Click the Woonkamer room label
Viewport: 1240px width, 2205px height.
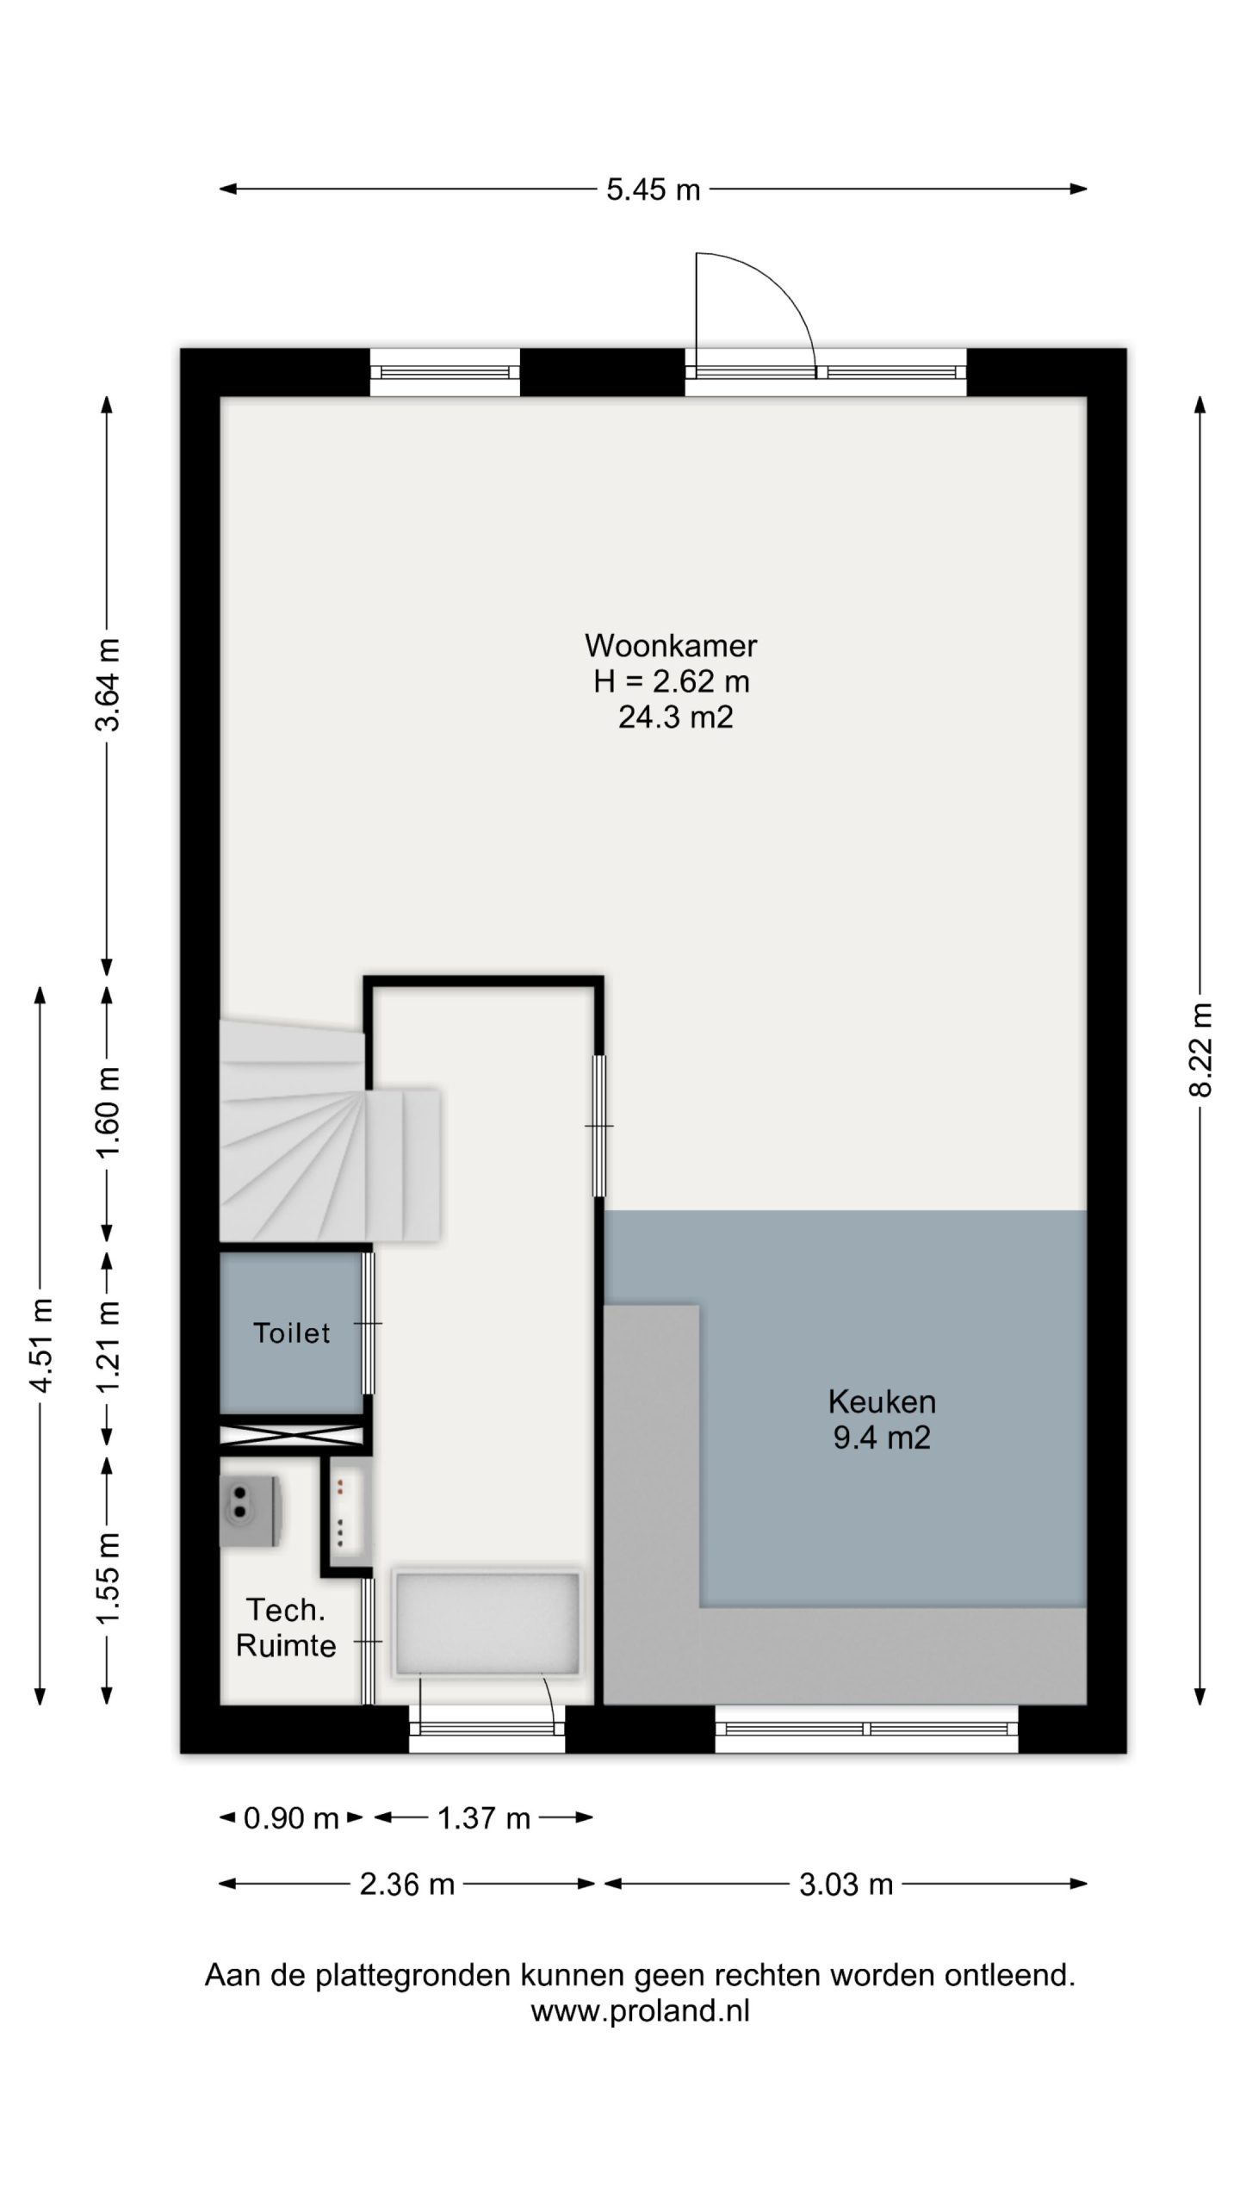pos(671,645)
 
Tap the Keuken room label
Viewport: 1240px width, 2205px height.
pos(882,1401)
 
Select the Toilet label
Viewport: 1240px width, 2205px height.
pos(292,1332)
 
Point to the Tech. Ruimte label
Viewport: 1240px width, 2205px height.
pos(286,1628)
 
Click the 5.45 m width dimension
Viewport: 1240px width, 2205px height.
pos(654,189)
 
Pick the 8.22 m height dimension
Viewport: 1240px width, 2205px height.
pos(1200,1050)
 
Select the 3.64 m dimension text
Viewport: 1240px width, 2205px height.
pos(108,685)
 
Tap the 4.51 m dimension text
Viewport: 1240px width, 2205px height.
pos(40,1344)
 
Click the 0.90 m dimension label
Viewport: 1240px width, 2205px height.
pos(291,1818)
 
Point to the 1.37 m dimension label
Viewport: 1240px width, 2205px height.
pos(484,1818)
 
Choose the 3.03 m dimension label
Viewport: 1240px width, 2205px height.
pos(846,1885)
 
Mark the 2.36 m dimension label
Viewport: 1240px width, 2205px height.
pos(406,1885)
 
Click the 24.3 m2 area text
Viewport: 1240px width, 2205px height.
pos(676,717)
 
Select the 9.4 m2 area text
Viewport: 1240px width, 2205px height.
pos(882,1438)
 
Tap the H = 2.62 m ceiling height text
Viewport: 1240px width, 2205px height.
pos(672,681)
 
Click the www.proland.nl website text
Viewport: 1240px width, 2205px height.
pos(640,2011)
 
